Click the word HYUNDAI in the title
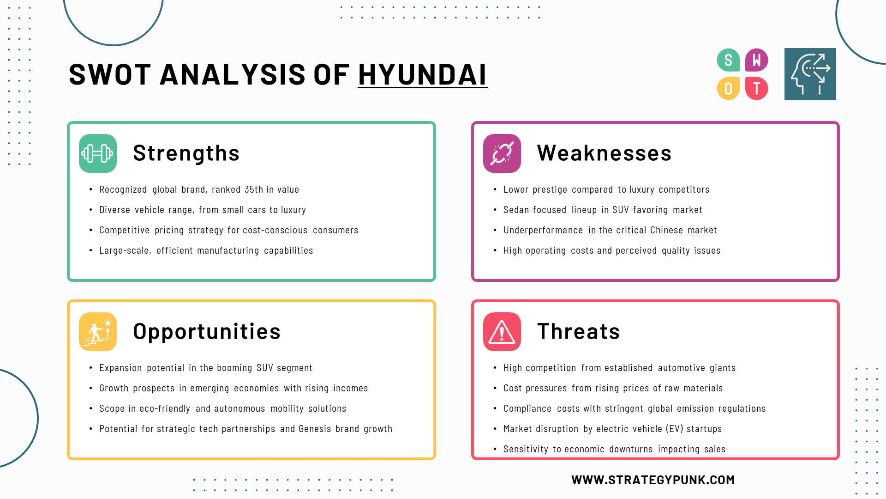pyautogui.click(x=422, y=74)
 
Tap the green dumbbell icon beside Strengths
pyautogui.click(x=98, y=153)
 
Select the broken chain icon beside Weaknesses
pyautogui.click(x=502, y=153)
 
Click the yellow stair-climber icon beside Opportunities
pyautogui.click(x=98, y=332)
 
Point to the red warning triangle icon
pyautogui.click(x=502, y=332)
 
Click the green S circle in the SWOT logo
pyautogui.click(x=728, y=60)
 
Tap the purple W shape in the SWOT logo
pyautogui.click(x=756, y=60)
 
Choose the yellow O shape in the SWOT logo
pyautogui.click(x=728, y=88)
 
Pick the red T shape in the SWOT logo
pyautogui.click(x=756, y=88)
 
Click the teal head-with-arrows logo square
pyautogui.click(x=810, y=74)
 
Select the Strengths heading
pyautogui.click(x=186, y=153)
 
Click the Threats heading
pyautogui.click(x=579, y=331)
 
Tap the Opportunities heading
pyautogui.click(x=207, y=332)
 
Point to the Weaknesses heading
pyautogui.click(x=605, y=153)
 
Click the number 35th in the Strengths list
pyautogui.click(x=254, y=189)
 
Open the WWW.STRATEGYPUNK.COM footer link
pyautogui.click(x=653, y=480)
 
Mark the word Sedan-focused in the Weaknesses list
pyautogui.click(x=535, y=210)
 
